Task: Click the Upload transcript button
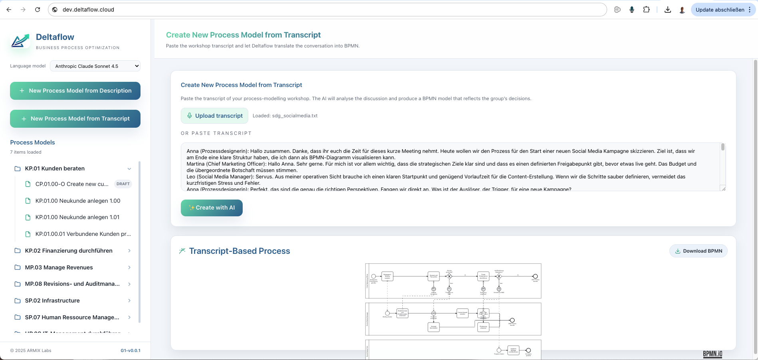(214, 116)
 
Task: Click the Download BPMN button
(698, 251)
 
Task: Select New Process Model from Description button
(75, 91)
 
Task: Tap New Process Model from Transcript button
(75, 119)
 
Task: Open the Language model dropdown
(95, 66)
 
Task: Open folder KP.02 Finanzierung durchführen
(68, 251)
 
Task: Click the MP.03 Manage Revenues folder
(59, 267)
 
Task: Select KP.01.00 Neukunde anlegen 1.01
(77, 217)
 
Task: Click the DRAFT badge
(123, 184)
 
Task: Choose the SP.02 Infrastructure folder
(52, 301)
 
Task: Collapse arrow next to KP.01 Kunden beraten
(129, 169)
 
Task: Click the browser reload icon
(38, 10)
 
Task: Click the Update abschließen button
(719, 10)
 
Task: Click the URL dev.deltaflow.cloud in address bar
(88, 10)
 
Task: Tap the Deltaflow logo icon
(20, 41)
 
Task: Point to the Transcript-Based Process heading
(239, 251)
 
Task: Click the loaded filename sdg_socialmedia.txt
(295, 116)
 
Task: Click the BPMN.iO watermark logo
(712, 354)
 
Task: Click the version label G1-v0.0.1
(130, 350)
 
